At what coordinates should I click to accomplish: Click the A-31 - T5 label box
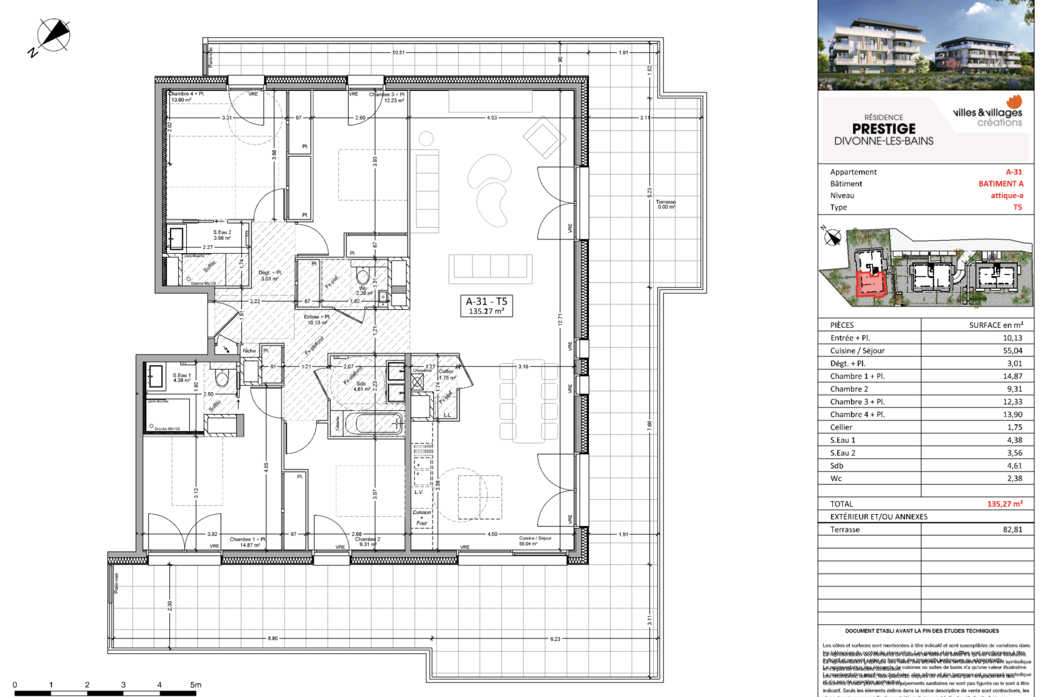click(x=486, y=305)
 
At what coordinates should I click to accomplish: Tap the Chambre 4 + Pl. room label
click(x=187, y=94)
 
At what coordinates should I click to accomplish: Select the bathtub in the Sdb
click(x=374, y=424)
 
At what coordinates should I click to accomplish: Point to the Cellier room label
click(x=446, y=372)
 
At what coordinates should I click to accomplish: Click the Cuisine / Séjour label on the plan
click(x=535, y=538)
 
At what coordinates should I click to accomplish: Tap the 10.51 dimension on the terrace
click(x=398, y=52)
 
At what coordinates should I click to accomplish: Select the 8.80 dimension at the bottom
click(x=273, y=638)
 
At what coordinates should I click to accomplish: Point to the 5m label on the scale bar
click(x=196, y=685)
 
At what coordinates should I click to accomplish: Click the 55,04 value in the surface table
click(x=1012, y=350)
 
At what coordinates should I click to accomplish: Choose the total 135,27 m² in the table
click(x=1005, y=504)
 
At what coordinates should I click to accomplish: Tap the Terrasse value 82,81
click(x=1012, y=529)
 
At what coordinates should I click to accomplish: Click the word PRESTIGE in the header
click(x=884, y=129)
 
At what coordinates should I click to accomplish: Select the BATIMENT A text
click(x=1001, y=184)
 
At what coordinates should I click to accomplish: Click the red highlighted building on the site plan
click(x=870, y=284)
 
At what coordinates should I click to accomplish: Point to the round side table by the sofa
click(x=426, y=138)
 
